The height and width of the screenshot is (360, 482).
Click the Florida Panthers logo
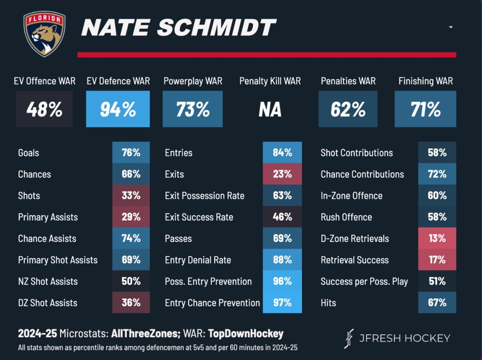44,34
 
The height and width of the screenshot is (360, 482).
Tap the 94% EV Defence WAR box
118,109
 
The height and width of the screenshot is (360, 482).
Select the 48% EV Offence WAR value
44,109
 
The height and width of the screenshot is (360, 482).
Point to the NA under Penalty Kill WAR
270,109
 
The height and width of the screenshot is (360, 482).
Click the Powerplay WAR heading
193,81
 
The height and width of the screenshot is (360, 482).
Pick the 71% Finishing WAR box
425,109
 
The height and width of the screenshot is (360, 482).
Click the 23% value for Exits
282,174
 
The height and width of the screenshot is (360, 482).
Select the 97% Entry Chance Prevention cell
282,303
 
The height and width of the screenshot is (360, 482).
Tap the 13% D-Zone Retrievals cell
437,238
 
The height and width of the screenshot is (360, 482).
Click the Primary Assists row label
48,217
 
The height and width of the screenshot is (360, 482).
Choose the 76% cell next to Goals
131,153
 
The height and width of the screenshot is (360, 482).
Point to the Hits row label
328,303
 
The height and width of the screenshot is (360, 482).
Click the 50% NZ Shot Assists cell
131,281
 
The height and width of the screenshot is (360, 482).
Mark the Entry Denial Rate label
198,260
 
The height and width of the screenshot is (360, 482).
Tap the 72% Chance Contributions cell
437,174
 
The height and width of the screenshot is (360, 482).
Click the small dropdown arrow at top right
451,27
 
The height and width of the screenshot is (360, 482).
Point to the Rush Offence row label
346,217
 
